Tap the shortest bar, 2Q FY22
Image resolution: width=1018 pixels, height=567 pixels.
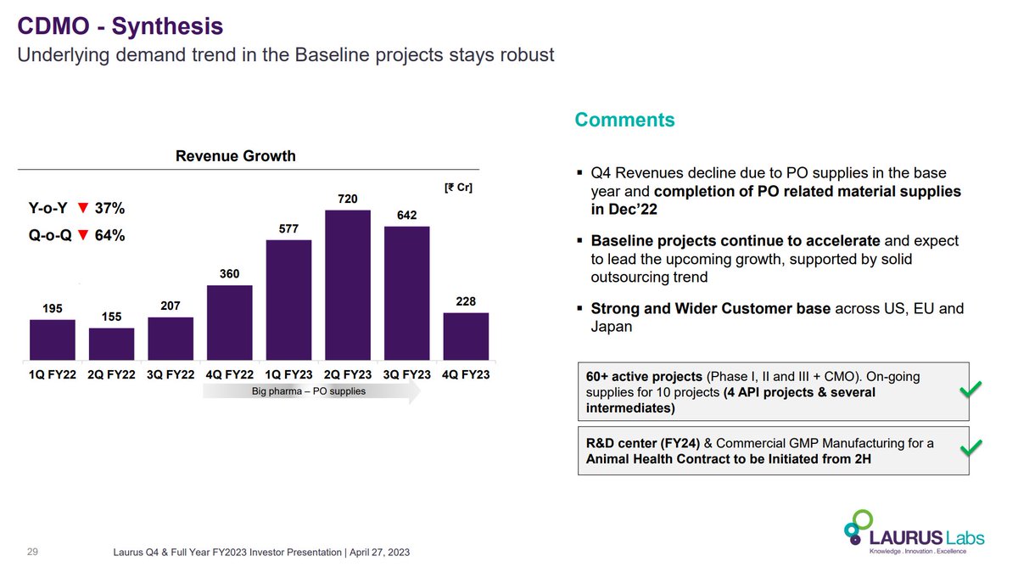111,344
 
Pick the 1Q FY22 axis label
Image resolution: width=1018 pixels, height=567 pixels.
53,374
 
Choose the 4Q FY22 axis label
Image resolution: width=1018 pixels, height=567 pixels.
229,374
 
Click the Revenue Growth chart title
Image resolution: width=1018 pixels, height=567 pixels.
235,155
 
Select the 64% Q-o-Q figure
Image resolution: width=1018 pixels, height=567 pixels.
109,236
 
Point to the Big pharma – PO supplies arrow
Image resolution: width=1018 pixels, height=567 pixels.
310,391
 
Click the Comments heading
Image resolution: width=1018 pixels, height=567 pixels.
624,120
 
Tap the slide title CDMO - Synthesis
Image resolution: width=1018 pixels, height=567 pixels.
120,26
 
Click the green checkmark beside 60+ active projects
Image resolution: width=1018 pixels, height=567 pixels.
970,389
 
